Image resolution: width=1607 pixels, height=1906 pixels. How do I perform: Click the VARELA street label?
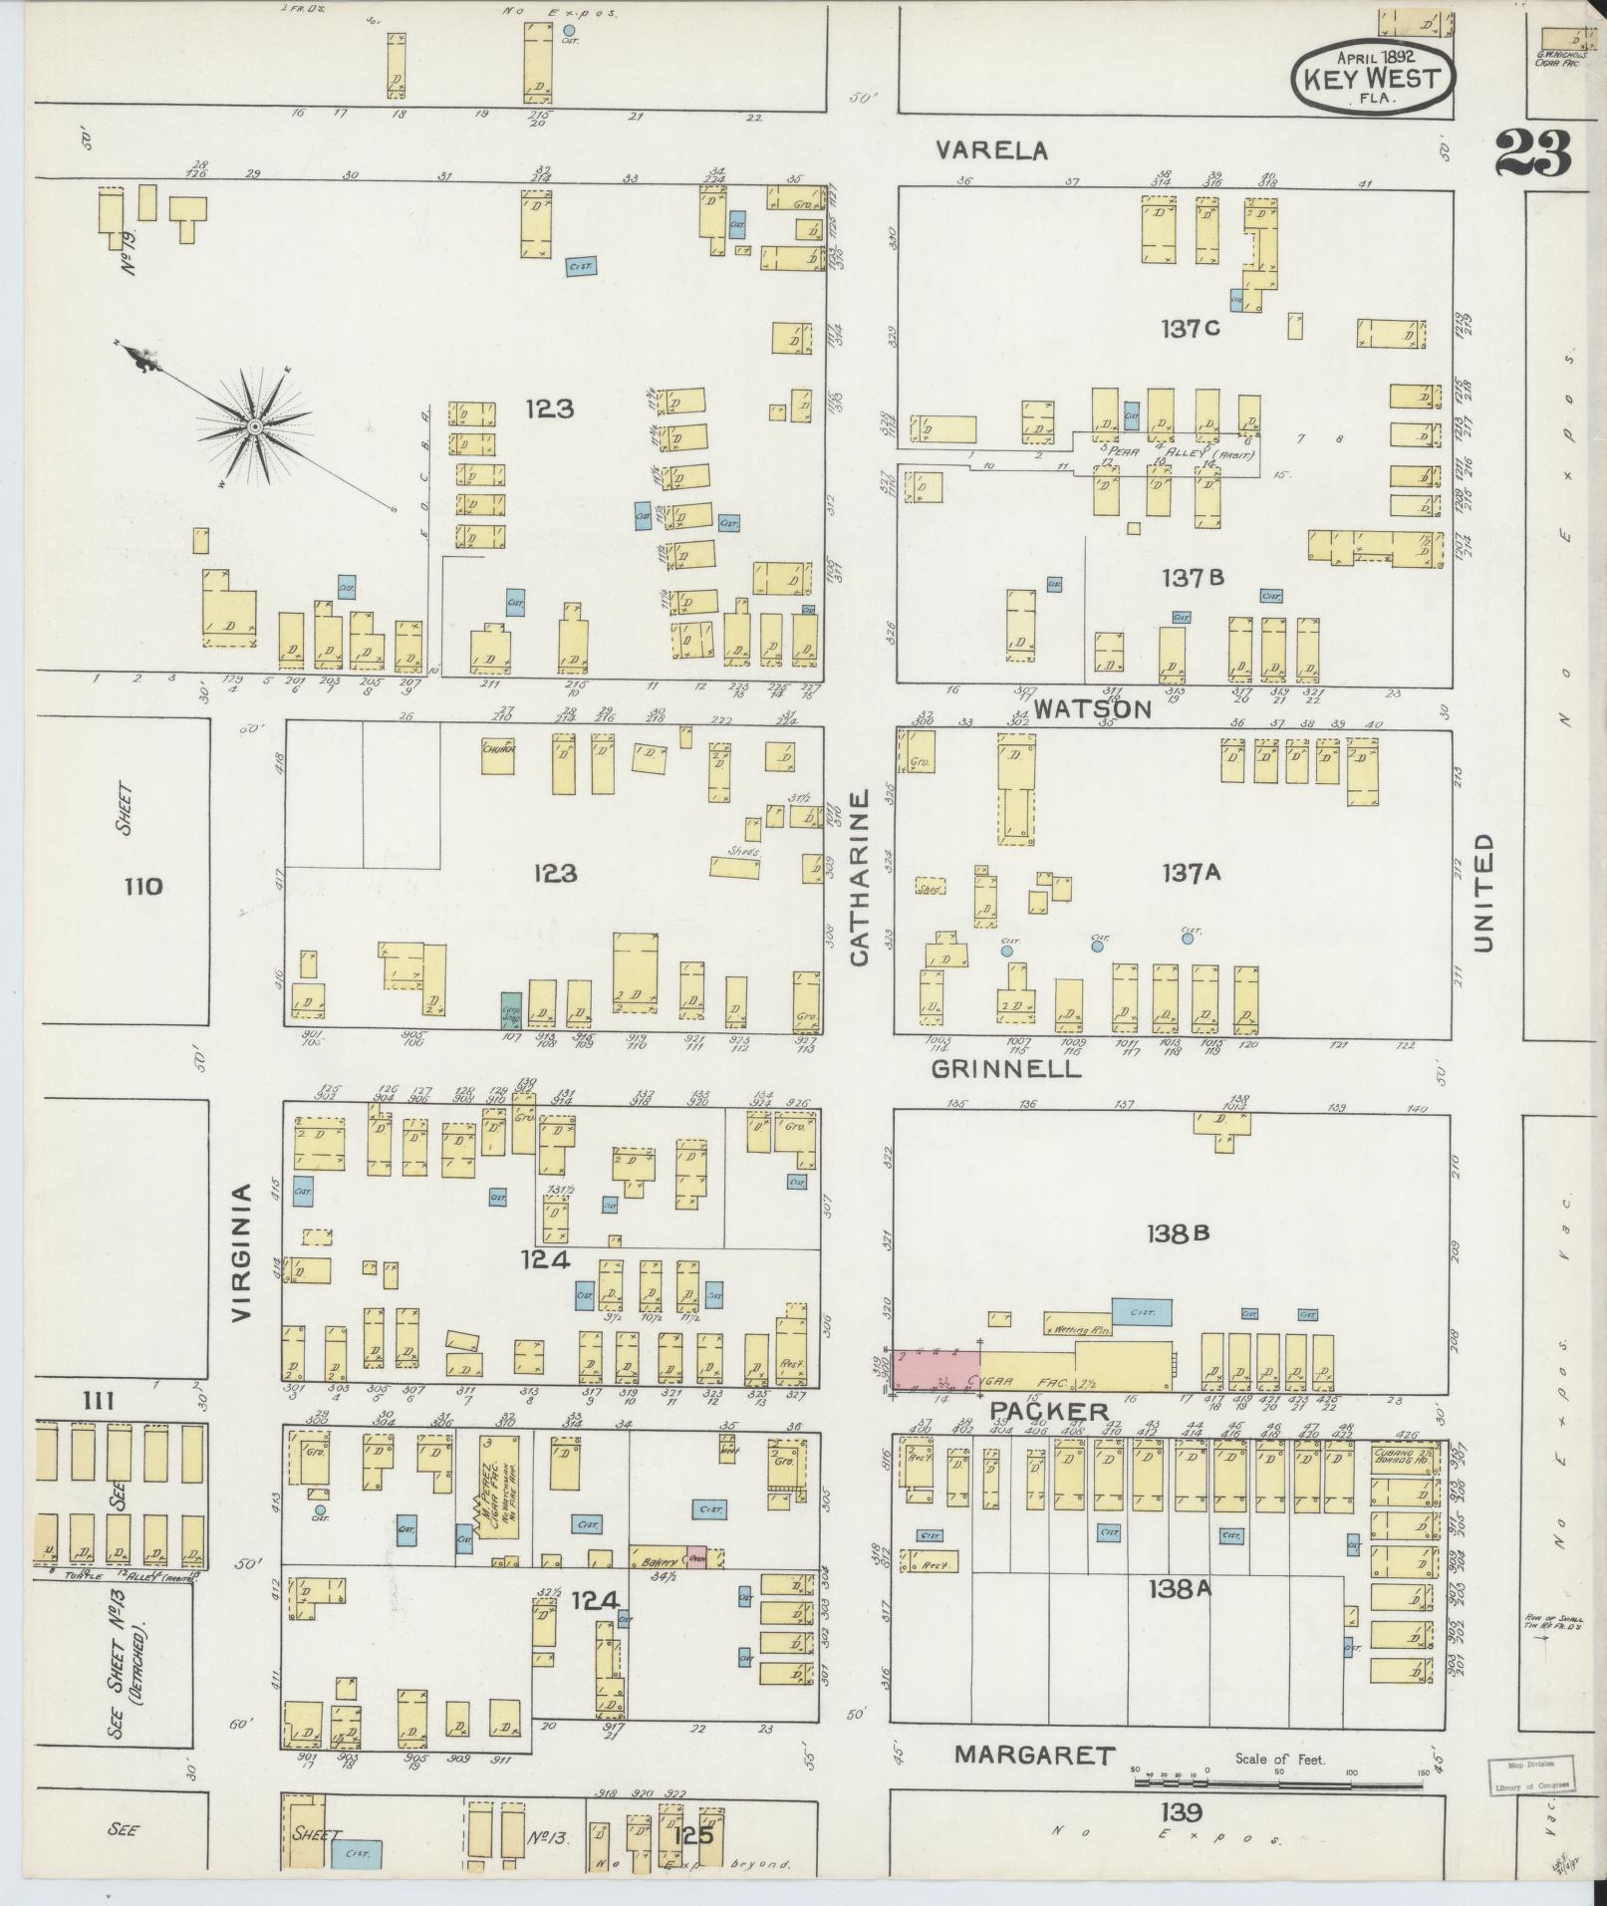click(992, 150)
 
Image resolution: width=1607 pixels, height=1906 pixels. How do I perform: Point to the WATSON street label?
click(1092, 708)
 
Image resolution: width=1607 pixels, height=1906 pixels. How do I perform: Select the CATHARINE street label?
click(860, 878)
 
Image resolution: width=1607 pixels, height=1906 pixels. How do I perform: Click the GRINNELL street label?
click(1006, 1069)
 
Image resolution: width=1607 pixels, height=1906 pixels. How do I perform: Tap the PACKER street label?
click(1048, 1411)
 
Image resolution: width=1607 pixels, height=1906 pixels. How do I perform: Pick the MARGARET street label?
click(1034, 1756)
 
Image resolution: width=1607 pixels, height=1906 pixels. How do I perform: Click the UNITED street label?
click(1483, 894)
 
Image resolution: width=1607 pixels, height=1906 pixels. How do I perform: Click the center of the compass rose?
click(254, 426)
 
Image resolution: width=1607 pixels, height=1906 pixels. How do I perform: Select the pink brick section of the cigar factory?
click(935, 1369)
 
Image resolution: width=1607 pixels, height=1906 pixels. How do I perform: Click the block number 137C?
click(1191, 329)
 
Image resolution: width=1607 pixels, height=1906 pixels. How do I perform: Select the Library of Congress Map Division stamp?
click(1532, 1774)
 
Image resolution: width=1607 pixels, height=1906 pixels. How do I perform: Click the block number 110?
click(142, 886)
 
